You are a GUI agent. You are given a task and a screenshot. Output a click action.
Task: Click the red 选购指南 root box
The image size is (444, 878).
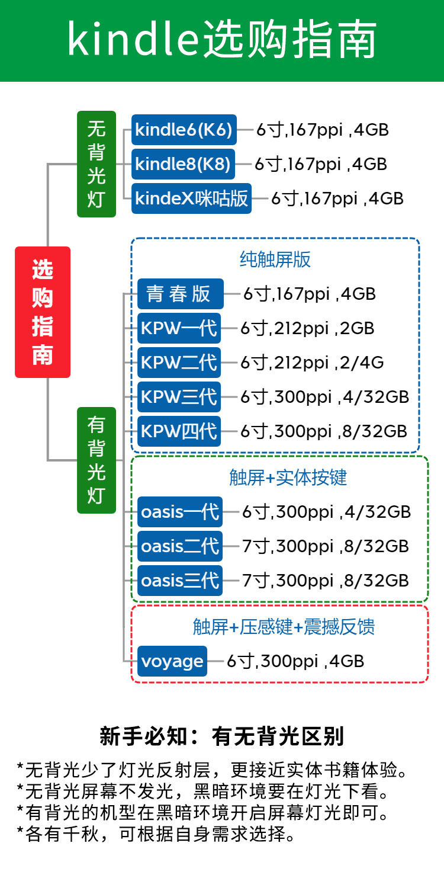pyautogui.click(x=43, y=312)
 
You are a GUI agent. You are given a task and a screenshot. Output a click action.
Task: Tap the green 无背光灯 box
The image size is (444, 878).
pyautogui.click(x=96, y=164)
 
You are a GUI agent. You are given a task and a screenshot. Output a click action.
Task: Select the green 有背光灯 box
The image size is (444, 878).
pyautogui.click(x=96, y=460)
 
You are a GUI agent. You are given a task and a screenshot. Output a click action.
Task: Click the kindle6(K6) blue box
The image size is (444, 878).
pyautogui.click(x=184, y=130)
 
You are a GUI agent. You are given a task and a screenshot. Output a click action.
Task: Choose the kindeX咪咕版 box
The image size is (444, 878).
pyautogui.click(x=191, y=198)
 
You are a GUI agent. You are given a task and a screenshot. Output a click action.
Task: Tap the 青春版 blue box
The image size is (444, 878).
pyautogui.click(x=180, y=294)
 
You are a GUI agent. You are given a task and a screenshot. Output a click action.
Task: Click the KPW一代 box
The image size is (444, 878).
pyautogui.click(x=179, y=328)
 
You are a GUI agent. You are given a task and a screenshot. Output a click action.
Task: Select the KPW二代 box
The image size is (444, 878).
pyautogui.click(x=179, y=363)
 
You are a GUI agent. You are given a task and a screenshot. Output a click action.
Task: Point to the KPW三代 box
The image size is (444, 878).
pyautogui.click(x=179, y=397)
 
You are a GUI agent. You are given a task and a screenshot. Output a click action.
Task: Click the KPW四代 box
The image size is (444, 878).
pyautogui.click(x=179, y=431)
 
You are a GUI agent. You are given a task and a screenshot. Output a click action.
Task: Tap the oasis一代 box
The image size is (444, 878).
pyautogui.click(x=180, y=512)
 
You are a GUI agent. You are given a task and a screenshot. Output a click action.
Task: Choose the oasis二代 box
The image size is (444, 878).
pyautogui.click(x=180, y=546)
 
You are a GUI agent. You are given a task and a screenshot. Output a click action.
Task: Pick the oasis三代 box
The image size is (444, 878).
pyautogui.click(x=180, y=581)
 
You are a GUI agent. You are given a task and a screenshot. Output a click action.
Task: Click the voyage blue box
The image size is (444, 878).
pyautogui.click(x=172, y=661)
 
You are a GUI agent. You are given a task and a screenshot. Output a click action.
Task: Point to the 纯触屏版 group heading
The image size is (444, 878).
pyautogui.click(x=275, y=259)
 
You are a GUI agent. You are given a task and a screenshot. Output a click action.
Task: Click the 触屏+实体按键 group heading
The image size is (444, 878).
pyautogui.click(x=288, y=478)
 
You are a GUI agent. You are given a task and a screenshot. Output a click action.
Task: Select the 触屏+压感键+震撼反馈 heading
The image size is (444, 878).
pyautogui.click(x=284, y=627)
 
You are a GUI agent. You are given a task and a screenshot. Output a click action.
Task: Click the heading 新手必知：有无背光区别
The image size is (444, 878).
pyautogui.click(x=221, y=736)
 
